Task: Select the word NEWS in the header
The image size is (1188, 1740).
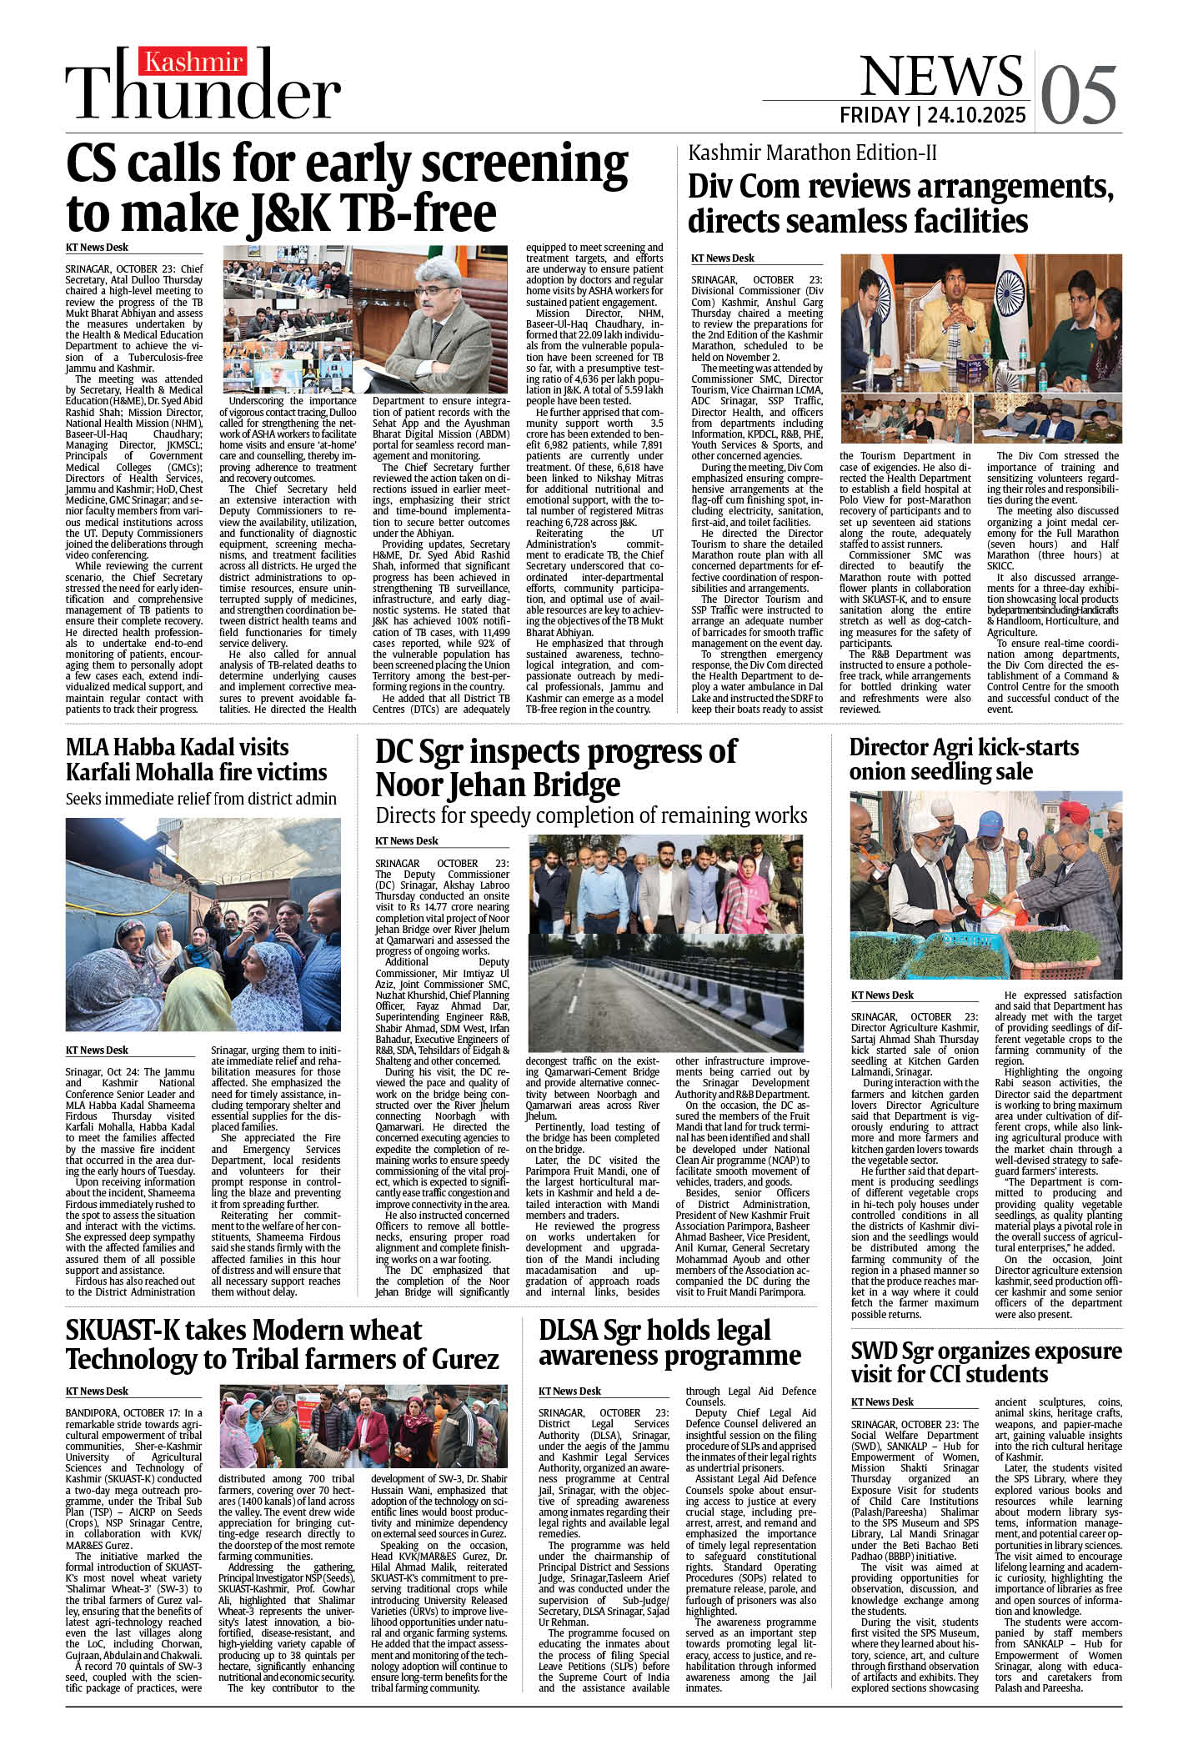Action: point(940,76)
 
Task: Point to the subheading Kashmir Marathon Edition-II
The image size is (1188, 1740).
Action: point(812,153)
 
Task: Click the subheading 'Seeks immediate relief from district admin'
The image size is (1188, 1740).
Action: point(201,799)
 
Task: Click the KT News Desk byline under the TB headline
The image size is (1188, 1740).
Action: point(97,248)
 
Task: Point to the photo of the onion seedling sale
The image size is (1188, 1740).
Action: point(985,885)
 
